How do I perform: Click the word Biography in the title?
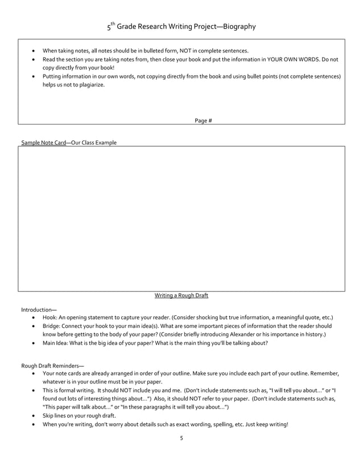(240, 27)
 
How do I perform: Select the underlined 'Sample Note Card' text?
(43, 142)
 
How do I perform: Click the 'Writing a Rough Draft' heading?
(181, 295)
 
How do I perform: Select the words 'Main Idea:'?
(56, 343)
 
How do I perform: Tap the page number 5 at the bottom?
(181, 438)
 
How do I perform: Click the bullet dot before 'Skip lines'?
(35, 416)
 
